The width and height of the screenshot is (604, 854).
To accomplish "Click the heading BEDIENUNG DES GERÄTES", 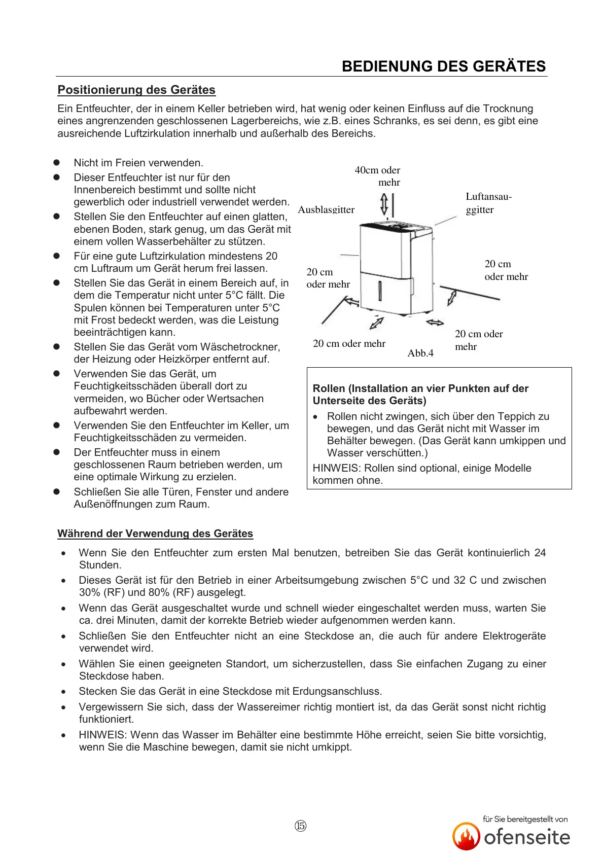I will [444, 66].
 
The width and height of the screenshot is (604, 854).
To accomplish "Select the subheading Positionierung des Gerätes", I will [136, 90].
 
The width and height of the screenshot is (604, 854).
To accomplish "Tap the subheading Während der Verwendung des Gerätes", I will [155, 533].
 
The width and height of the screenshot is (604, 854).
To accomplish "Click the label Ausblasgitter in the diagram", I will [326, 209].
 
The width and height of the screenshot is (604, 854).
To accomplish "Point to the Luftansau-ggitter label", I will [488, 203].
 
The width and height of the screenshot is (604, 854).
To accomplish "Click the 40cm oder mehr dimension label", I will [378, 176].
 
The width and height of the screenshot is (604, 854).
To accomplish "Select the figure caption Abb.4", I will [420, 353].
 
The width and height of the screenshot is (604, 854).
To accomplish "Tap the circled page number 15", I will [300, 826].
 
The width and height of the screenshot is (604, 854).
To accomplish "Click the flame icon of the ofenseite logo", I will [466, 837].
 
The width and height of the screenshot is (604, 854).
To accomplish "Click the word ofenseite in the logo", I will [527, 837].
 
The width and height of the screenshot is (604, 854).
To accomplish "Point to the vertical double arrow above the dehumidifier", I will [384, 204].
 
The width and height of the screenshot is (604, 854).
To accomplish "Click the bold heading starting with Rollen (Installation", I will [420, 395].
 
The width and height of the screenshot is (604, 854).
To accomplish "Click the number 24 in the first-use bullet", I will [540, 553].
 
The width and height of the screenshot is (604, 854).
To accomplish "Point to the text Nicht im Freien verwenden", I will [138, 163].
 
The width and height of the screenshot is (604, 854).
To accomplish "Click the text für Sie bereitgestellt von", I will [525, 819].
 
